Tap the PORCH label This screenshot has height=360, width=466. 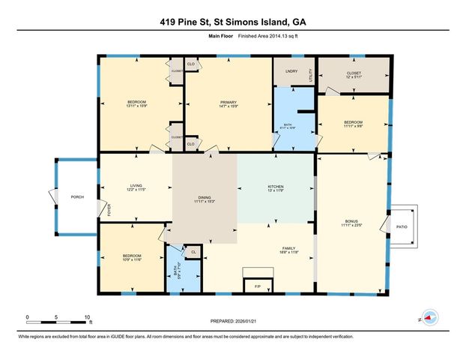[x=77, y=196]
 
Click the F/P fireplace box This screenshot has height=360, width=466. [x=257, y=286]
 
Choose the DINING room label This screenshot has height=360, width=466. [x=205, y=199]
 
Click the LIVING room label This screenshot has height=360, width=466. [x=136, y=187]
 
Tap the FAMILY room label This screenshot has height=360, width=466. [x=288, y=250]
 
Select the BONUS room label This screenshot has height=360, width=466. [x=351, y=222]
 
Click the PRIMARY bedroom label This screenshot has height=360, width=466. [x=228, y=104]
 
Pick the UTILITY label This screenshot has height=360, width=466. [x=309, y=75]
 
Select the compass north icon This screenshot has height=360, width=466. [x=429, y=318]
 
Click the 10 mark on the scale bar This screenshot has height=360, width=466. [x=88, y=317]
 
